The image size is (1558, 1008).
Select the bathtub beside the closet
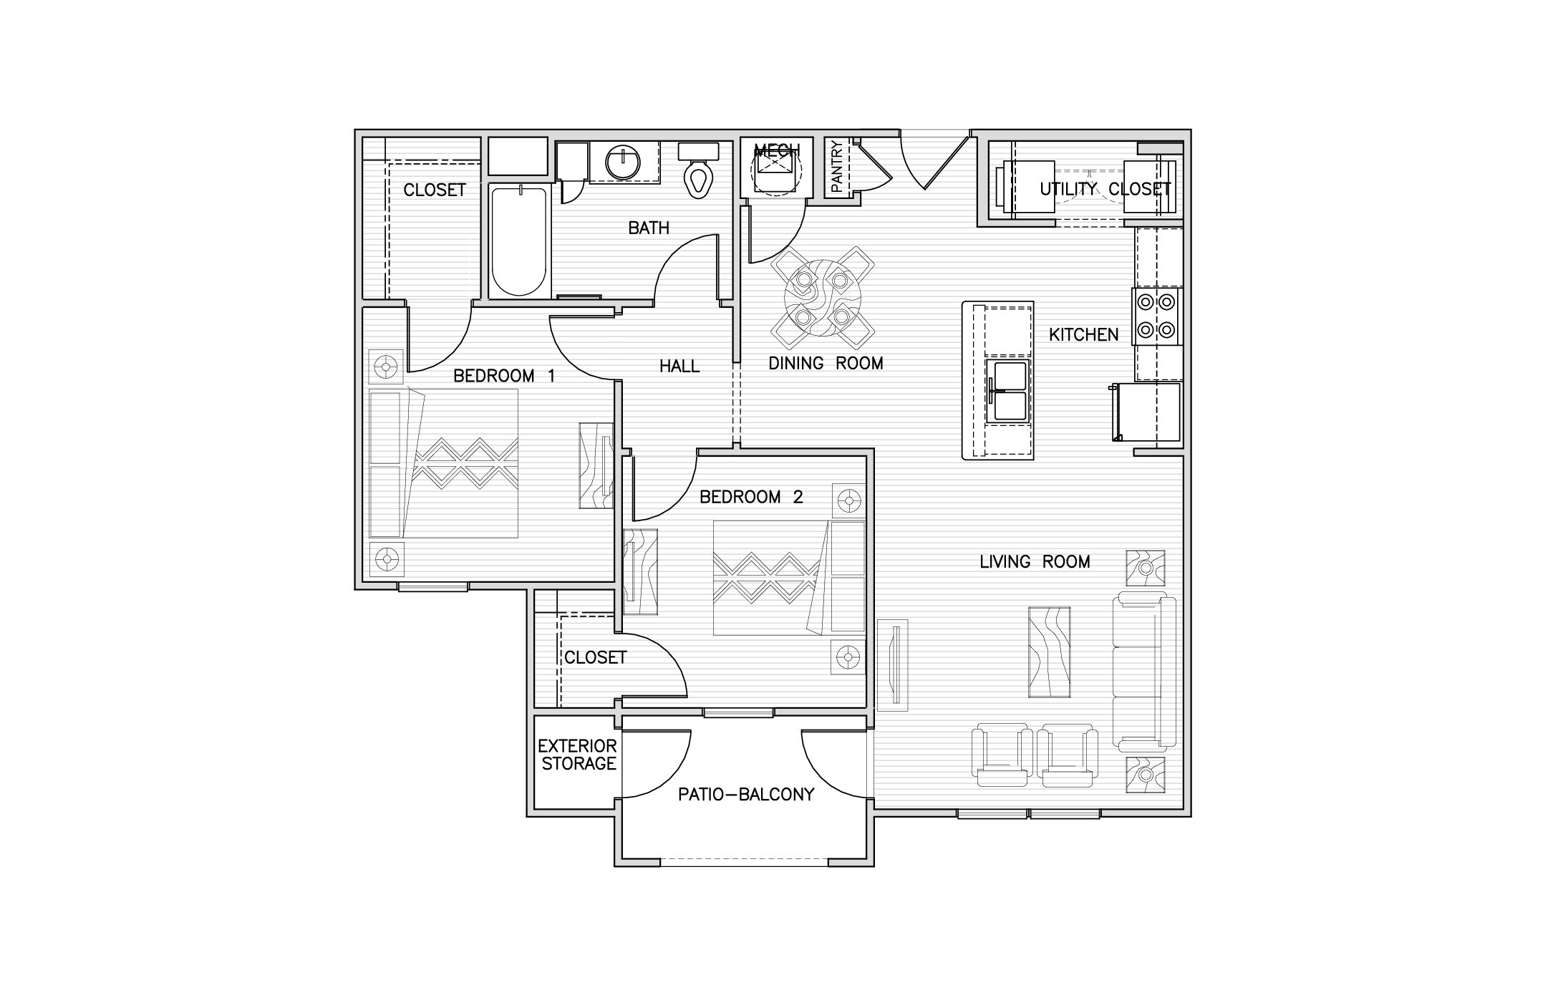coord(520,241)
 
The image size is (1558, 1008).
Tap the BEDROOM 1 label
coord(504,376)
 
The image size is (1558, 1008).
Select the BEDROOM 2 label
coord(751,497)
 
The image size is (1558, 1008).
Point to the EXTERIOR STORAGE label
coord(578,755)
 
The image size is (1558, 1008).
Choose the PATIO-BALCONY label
coord(746,794)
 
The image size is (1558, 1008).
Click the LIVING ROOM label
coord(1035,562)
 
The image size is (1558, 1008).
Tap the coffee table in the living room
coord(1050,651)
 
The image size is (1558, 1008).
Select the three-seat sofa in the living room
coord(1144,672)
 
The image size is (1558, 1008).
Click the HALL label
coord(679,367)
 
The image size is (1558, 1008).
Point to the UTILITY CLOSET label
coord(1105,189)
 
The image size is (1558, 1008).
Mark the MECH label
coord(776,151)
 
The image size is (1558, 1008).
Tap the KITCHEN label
coord(1083,334)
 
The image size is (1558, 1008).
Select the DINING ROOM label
coord(826,364)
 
